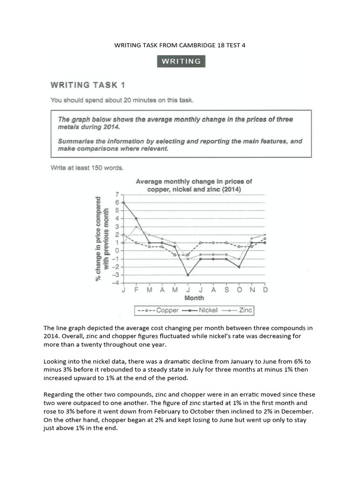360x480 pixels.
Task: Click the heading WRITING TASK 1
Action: point(88,85)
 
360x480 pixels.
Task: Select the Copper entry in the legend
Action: point(156,310)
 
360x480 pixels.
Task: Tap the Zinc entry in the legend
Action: point(238,310)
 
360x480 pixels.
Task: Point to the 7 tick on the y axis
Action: point(116,194)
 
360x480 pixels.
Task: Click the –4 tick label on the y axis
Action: point(115,283)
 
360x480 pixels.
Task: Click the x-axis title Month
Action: point(194,298)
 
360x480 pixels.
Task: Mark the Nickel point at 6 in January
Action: point(123,202)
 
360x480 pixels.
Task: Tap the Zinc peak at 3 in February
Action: point(136,226)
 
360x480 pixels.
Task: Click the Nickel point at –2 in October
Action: point(239,267)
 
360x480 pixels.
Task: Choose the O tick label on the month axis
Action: point(239,290)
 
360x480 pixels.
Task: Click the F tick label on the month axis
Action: point(136,290)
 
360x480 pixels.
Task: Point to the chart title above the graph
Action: point(194,185)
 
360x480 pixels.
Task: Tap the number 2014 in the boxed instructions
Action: point(112,127)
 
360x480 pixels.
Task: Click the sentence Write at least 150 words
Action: point(87,168)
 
